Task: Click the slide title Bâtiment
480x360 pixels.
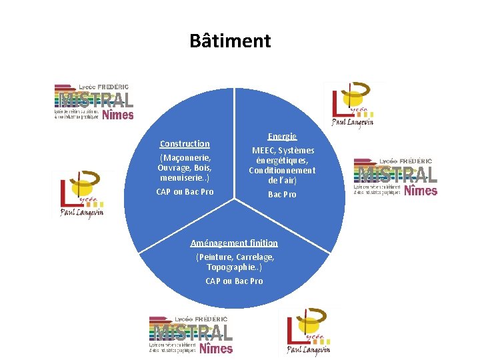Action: click(x=230, y=41)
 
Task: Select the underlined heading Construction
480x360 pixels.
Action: click(x=185, y=143)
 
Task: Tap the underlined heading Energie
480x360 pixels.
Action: click(x=282, y=136)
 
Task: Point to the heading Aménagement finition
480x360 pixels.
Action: click(x=234, y=243)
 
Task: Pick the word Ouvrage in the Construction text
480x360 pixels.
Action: click(x=171, y=167)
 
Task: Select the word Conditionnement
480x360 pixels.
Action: click(x=282, y=171)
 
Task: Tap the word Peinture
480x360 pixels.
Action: click(x=214, y=257)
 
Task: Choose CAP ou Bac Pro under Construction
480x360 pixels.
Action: click(x=185, y=192)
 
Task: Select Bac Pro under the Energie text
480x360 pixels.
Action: click(x=282, y=195)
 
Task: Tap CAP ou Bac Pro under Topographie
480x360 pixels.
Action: click(x=234, y=281)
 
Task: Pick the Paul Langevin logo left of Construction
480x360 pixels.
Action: click(x=80, y=194)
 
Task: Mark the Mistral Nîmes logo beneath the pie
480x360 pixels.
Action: click(x=191, y=335)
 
